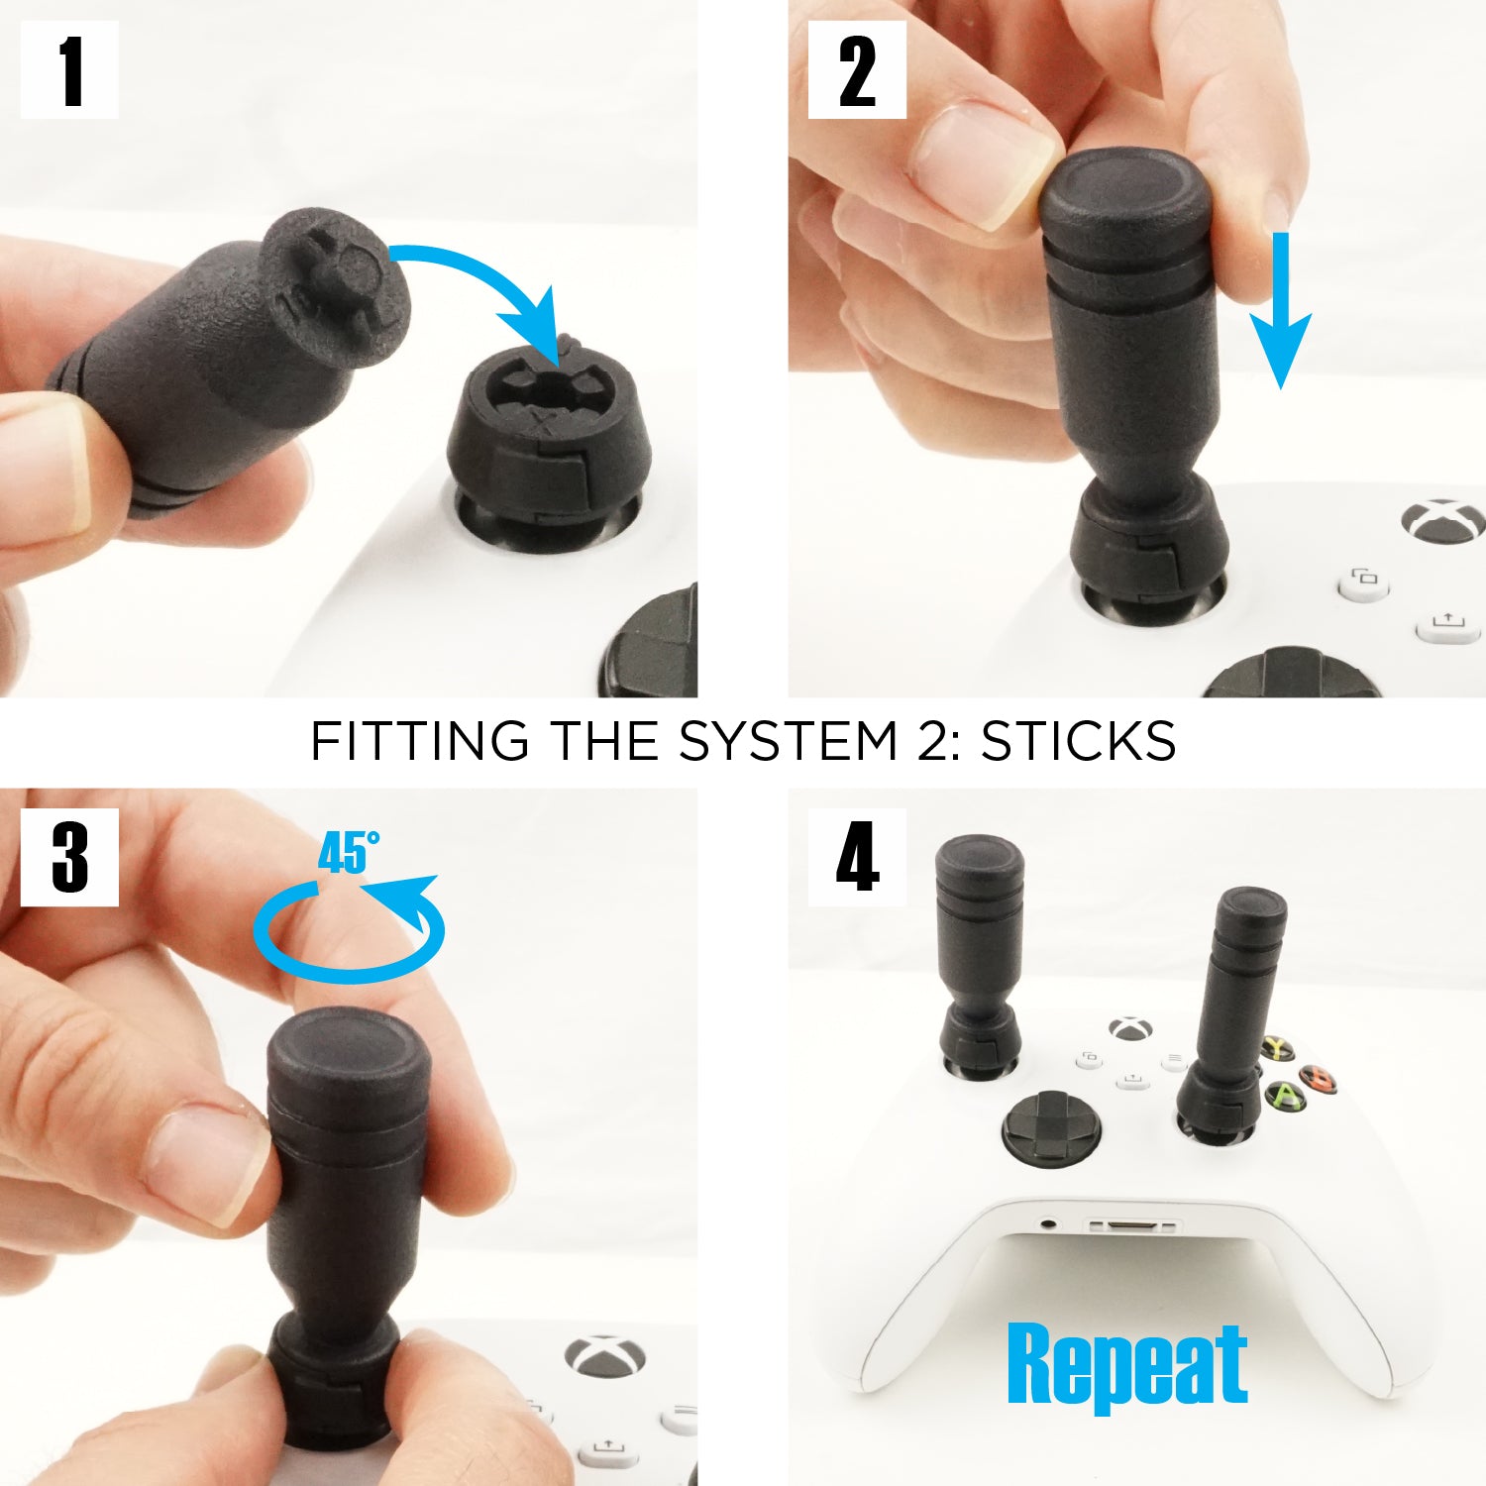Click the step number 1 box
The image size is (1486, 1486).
coord(69,70)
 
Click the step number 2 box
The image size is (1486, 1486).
coord(857,70)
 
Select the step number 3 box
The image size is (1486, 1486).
coord(69,857)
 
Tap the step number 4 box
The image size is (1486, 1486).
coord(857,857)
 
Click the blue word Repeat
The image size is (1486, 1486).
coord(1127,1365)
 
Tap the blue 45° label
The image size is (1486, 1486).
coord(347,852)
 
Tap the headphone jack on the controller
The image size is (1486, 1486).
coord(1048,1224)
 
